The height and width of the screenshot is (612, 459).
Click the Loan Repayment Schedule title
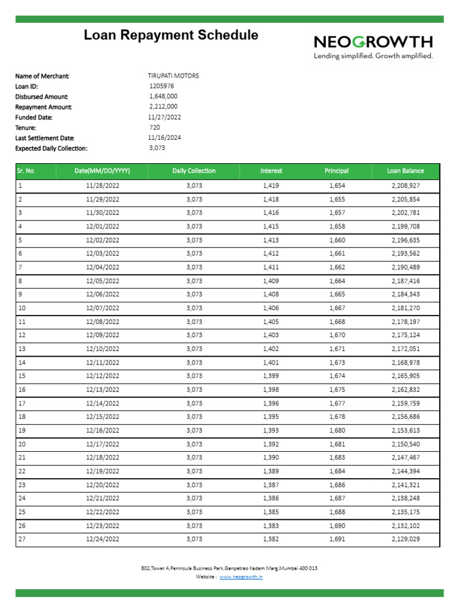click(171, 35)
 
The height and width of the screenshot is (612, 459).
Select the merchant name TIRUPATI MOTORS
click(173, 76)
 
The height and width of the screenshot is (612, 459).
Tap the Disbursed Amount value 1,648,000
click(163, 96)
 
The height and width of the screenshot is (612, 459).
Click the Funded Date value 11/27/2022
click(164, 117)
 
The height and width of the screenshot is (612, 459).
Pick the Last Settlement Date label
click(41, 137)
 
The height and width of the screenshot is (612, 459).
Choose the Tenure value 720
click(155, 127)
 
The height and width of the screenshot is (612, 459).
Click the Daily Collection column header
click(194, 171)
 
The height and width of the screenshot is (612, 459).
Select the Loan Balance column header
click(406, 171)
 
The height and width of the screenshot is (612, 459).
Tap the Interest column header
click(271, 171)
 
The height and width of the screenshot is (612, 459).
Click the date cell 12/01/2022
click(103, 227)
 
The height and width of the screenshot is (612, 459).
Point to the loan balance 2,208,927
click(406, 186)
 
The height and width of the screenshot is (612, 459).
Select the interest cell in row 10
click(271, 308)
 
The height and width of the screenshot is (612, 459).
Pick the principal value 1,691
click(337, 539)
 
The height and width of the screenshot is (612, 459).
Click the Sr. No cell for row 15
click(23, 376)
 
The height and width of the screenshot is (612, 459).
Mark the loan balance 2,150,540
click(406, 444)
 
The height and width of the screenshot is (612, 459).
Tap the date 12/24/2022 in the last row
click(103, 539)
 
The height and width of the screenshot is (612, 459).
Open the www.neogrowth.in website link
click(241, 577)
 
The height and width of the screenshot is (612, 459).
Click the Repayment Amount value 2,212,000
click(163, 107)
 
